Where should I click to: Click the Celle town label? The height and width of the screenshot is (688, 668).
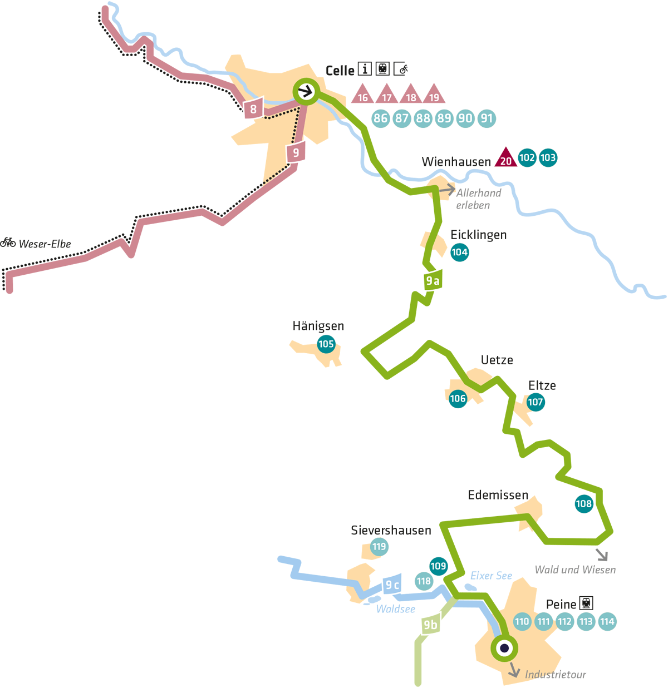tap(340, 71)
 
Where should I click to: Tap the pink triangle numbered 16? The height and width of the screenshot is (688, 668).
tap(362, 95)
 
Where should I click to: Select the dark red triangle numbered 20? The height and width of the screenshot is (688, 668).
tap(505, 159)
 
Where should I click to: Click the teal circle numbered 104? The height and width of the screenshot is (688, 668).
tap(459, 253)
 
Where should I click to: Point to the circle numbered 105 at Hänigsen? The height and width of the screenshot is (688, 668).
tap(326, 344)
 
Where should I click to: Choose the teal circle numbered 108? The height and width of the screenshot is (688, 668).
tap(583, 504)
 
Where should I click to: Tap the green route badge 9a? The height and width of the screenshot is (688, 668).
tap(433, 281)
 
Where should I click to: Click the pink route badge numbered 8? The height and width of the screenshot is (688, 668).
tap(253, 109)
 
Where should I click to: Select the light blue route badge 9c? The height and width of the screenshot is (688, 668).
tap(392, 585)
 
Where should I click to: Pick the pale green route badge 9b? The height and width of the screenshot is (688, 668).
tap(430, 625)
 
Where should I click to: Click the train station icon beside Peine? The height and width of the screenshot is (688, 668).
tap(586, 603)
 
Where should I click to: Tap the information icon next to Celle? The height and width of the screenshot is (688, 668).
tap(365, 68)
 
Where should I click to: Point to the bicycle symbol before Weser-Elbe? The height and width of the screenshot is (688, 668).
tap(8, 242)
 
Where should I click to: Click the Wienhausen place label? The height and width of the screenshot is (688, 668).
tap(456, 162)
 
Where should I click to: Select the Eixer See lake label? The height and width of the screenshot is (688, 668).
tap(491, 576)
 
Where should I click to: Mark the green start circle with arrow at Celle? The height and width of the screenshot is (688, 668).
tap(306, 92)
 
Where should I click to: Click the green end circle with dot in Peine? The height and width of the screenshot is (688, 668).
tap(504, 648)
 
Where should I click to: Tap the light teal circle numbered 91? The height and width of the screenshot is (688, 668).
tap(487, 118)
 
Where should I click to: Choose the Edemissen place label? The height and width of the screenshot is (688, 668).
tap(498, 495)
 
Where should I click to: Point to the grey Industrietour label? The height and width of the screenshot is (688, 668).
tap(555, 675)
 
